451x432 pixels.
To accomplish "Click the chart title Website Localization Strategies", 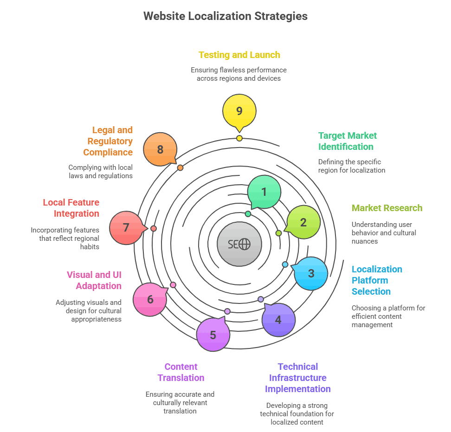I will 225,16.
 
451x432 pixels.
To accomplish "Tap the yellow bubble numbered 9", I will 239,111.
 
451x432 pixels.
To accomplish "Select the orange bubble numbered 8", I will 160,149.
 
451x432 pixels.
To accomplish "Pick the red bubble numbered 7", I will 126,228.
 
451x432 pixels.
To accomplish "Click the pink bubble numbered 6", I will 150,299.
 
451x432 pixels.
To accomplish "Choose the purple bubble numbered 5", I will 213,335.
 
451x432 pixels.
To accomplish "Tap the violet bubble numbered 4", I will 278,320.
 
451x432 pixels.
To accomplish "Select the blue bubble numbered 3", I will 311,273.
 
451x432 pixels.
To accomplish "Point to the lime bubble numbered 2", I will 303,222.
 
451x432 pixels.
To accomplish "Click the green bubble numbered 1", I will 264,192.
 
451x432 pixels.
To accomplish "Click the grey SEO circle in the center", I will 239,244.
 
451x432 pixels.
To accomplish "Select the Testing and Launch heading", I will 239,55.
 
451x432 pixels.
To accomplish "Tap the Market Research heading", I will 387,208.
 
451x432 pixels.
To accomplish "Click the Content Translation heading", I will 181,372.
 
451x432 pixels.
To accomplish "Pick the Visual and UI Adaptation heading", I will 94,280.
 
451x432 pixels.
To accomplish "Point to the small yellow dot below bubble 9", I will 239,138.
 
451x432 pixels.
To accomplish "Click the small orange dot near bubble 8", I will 180,168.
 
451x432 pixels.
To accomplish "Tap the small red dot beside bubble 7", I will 154,228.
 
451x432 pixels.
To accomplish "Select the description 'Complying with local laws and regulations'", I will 100,172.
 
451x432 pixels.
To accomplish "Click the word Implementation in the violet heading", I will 297,389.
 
